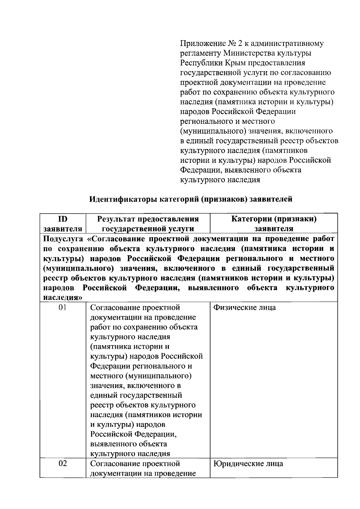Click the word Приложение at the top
coord(199,44)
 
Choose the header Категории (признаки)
coord(274,219)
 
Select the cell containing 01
coord(63,308)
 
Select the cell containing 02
coord(63,464)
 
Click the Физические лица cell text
coord(244,308)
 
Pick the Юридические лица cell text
coord(248,464)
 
